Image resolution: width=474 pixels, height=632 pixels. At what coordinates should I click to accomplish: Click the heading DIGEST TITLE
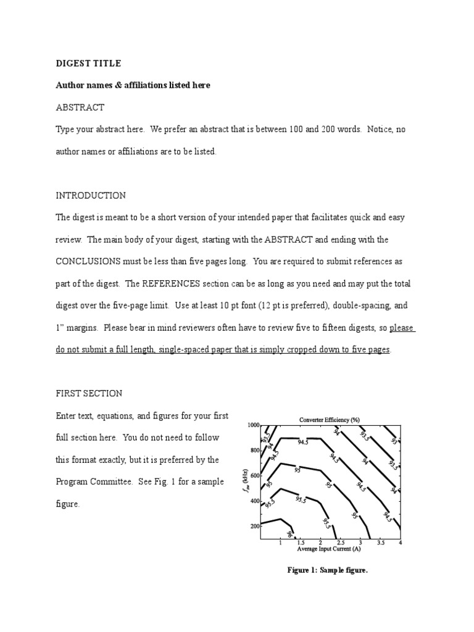click(88, 64)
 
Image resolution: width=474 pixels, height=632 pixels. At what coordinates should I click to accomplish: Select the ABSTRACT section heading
click(80, 107)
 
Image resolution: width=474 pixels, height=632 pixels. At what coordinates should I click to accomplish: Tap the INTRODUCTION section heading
click(91, 196)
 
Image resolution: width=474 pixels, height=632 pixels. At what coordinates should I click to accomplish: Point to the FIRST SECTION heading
click(89, 393)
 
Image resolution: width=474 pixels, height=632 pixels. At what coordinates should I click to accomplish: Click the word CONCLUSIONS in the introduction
click(88, 262)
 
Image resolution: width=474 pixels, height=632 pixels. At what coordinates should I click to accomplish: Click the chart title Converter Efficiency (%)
click(330, 420)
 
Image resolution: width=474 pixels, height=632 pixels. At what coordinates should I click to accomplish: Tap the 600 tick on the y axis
click(254, 476)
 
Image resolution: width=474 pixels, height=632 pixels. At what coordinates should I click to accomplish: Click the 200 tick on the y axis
click(254, 526)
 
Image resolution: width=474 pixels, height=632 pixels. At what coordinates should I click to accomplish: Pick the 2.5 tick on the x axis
click(340, 543)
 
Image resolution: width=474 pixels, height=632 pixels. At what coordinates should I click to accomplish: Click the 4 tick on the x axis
click(401, 543)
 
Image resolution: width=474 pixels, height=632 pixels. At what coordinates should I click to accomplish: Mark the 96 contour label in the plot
click(289, 531)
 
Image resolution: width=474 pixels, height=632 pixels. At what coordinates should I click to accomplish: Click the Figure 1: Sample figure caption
click(327, 570)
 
